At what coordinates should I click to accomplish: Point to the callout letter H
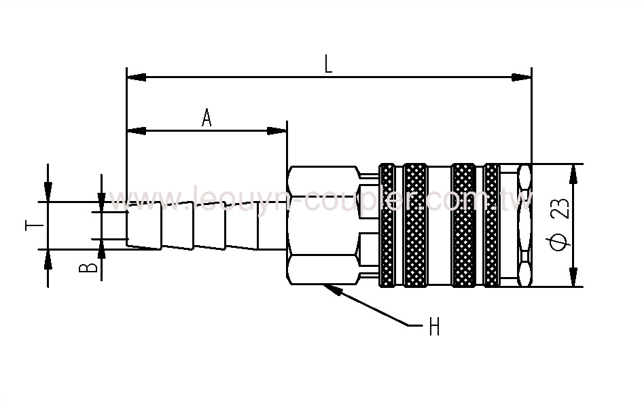click(x=433, y=328)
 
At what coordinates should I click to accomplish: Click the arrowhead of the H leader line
click(x=330, y=289)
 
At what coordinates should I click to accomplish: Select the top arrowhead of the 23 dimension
click(x=573, y=175)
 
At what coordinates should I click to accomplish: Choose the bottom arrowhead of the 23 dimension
click(x=573, y=276)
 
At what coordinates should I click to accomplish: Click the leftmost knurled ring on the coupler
click(x=388, y=225)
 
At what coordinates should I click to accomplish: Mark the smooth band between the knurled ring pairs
click(x=439, y=225)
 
